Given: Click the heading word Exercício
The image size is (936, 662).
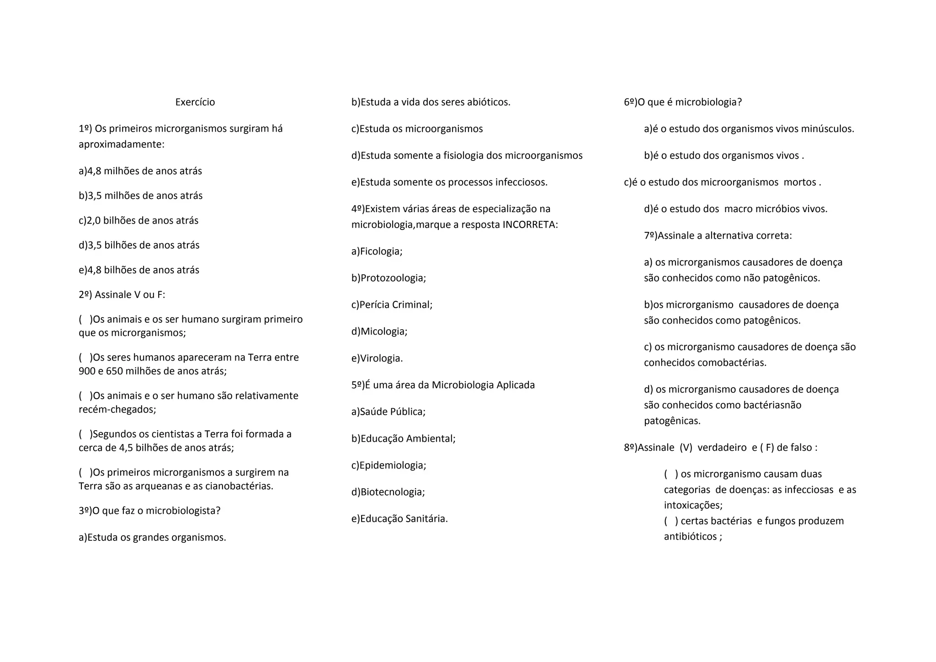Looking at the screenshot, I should click(x=195, y=102).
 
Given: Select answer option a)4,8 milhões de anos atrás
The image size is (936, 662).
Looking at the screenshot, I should click(x=140, y=171).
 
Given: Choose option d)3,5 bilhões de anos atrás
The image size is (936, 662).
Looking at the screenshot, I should click(x=139, y=245).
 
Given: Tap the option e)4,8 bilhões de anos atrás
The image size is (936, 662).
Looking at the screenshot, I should click(x=139, y=270).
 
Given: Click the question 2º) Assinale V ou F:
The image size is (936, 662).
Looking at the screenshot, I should click(x=122, y=294).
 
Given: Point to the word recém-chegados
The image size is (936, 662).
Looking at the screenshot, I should click(x=117, y=409).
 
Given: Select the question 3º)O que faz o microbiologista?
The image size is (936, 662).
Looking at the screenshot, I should click(x=149, y=510).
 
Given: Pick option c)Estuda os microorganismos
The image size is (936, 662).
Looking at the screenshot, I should click(x=417, y=129).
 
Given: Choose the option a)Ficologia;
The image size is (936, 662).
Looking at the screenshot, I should click(x=377, y=251).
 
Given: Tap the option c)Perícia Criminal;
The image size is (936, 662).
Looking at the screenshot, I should click(x=392, y=304).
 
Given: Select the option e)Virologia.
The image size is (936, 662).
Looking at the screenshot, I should click(x=377, y=358).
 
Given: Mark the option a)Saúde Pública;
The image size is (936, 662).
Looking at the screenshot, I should click(x=388, y=411).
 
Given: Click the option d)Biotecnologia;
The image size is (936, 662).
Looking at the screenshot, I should click(x=388, y=492).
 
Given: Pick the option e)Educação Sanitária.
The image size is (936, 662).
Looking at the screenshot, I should click(x=399, y=518).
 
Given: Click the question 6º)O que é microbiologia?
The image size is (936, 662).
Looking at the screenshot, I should click(x=683, y=102).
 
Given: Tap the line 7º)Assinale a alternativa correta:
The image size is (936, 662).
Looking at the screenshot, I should click(x=718, y=235).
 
